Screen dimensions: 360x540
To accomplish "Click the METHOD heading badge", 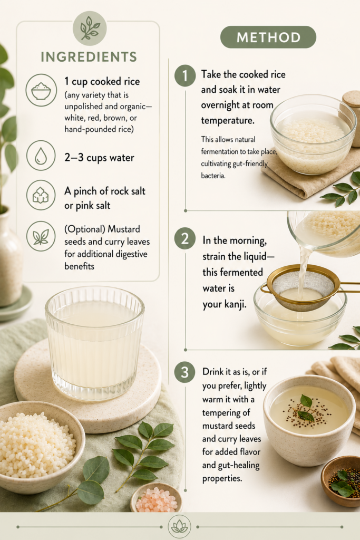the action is point(268,37).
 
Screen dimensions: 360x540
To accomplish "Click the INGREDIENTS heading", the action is point(89,57).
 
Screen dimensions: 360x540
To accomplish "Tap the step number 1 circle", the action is point(185,75).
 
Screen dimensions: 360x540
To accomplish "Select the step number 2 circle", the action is point(185,239).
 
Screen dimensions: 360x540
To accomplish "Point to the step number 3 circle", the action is point(185,372).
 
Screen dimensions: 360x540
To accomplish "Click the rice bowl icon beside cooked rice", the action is point(41,90).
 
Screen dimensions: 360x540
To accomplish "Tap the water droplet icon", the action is point(41,156).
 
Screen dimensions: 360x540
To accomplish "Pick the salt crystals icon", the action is point(41,195).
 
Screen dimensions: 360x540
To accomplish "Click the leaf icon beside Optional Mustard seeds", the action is point(41,236).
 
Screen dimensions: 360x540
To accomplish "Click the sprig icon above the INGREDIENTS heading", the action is point(90,28).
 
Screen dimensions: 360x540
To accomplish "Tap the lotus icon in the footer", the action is point(179,527).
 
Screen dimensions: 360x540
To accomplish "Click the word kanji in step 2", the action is point(236,304).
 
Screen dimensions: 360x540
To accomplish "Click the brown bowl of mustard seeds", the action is point(341,481).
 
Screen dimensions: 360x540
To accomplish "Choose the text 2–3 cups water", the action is point(99,158).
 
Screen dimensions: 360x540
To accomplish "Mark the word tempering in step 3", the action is point(226,413).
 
